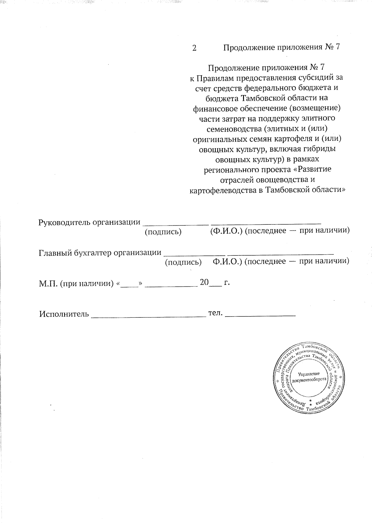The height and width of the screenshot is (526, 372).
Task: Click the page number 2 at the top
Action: point(194,48)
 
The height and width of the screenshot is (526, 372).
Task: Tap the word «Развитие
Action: point(312,170)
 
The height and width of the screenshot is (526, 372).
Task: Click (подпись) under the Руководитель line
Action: point(163,232)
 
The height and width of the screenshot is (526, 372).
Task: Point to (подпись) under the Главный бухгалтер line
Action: point(183,262)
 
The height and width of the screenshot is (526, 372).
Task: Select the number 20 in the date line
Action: point(205,282)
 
